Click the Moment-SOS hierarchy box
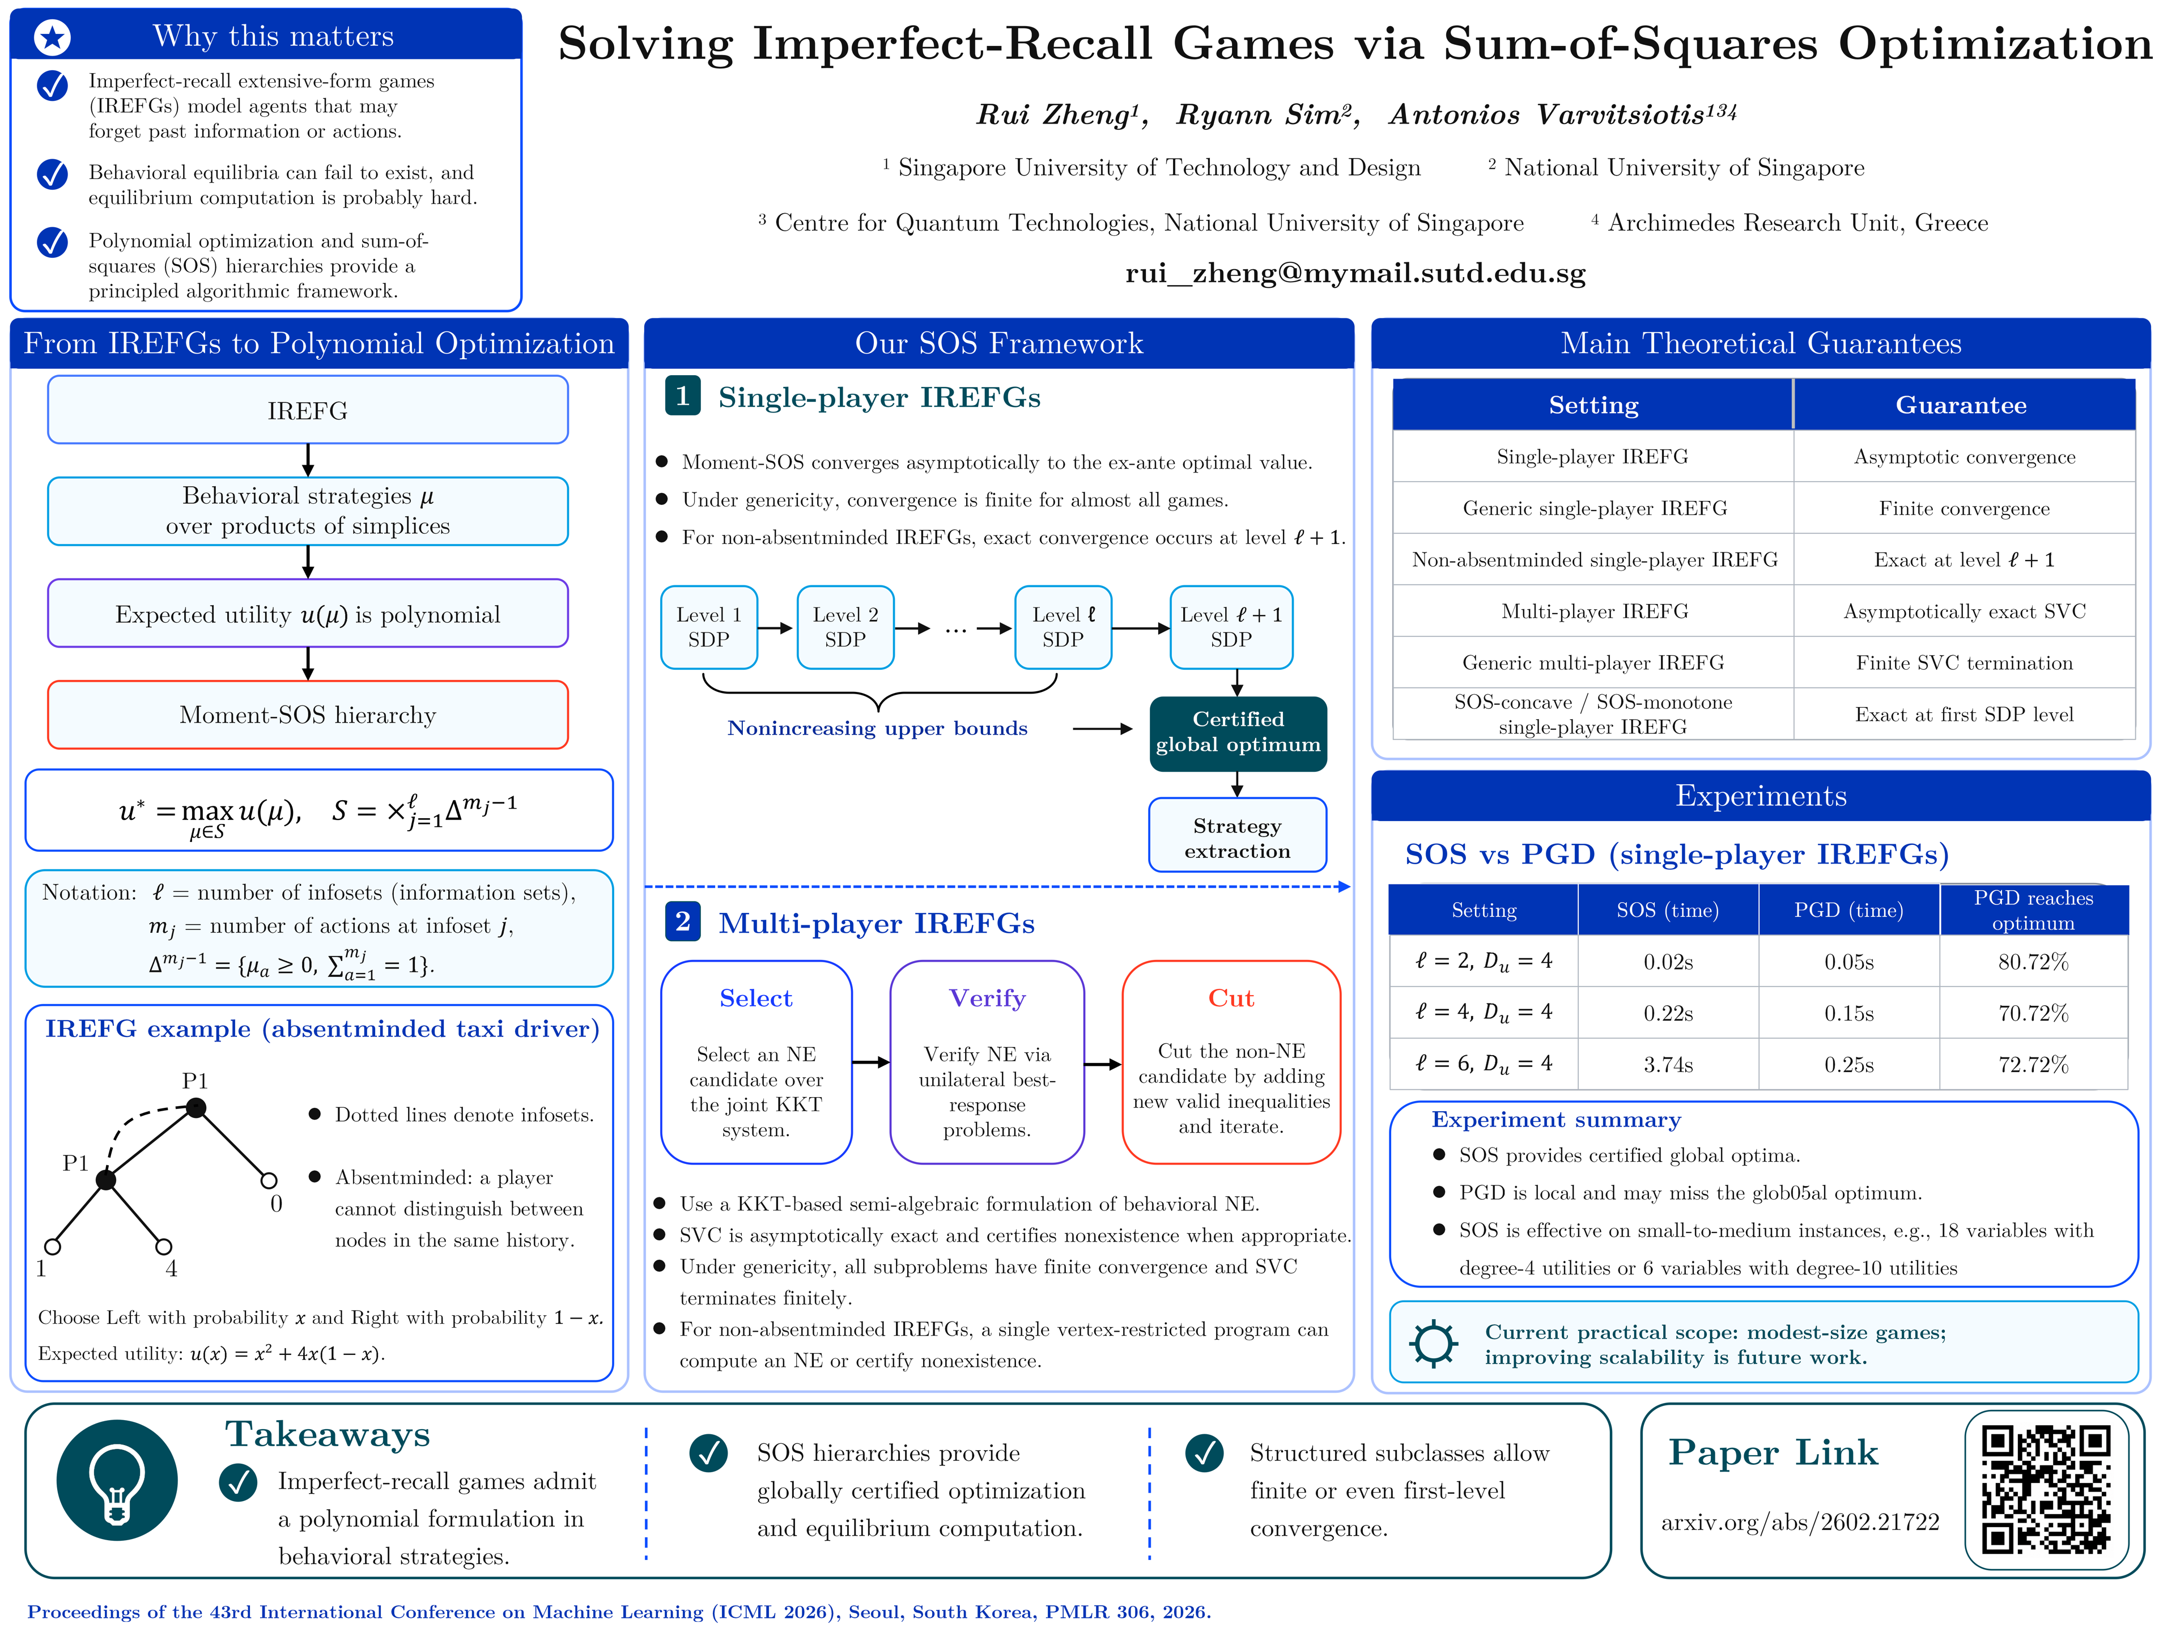click(x=308, y=715)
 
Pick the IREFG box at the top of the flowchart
click(x=308, y=410)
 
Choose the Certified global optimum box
click(x=1238, y=733)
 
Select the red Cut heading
click(x=1231, y=998)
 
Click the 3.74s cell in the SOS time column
click(x=1668, y=1064)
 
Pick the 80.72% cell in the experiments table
click(x=2033, y=962)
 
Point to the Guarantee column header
click(x=1962, y=405)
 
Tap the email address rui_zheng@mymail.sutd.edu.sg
click(x=1355, y=274)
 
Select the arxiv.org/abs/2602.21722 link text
click(x=1800, y=1523)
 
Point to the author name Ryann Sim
click(x=1268, y=115)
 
